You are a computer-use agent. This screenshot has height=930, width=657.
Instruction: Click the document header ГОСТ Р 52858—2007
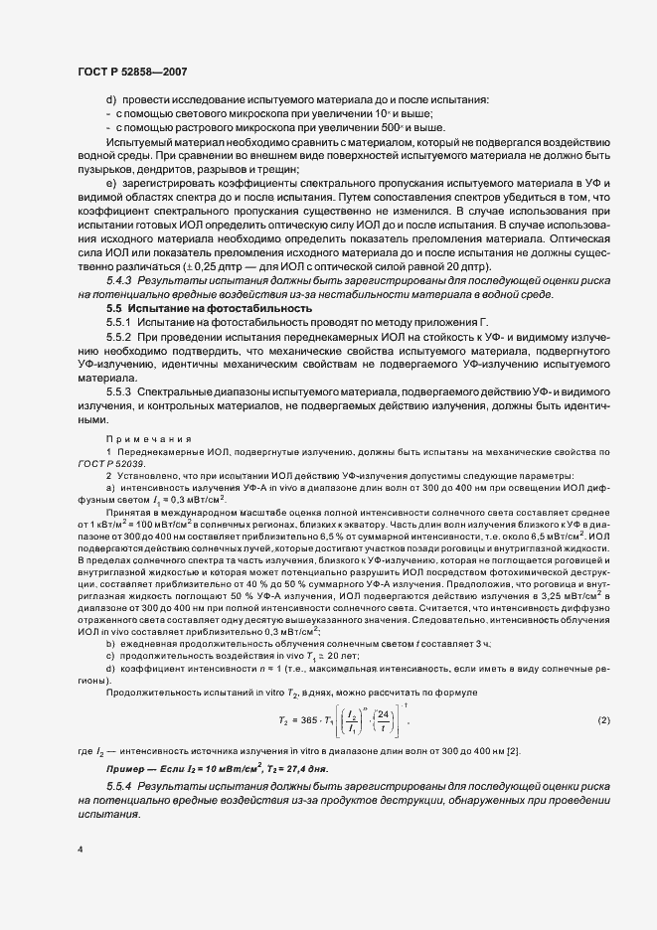pos(132,73)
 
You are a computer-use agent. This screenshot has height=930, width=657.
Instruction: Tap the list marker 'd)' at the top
pos(111,100)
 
